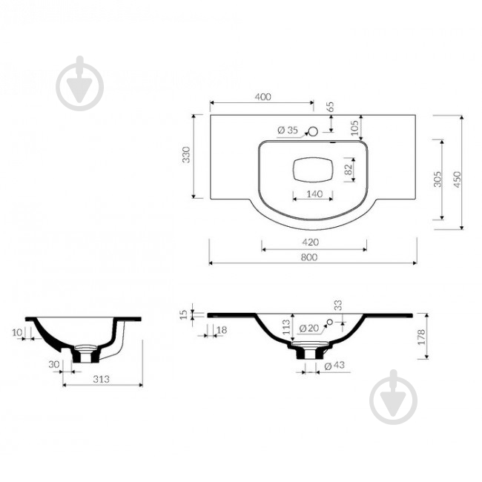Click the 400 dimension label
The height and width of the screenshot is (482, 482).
pos(263,97)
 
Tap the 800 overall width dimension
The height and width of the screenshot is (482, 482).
pos(309,257)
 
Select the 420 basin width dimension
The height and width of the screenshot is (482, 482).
pos(310,242)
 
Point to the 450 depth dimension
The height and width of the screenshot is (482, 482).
pos(458,179)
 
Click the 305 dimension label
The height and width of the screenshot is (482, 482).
pos(438,179)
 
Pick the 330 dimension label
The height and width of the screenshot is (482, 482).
pos(187,155)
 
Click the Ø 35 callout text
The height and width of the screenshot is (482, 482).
pos(288,131)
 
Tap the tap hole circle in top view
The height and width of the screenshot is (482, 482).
pos(313,131)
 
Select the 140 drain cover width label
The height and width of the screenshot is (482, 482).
pos(314,194)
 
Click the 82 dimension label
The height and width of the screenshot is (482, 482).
pos(349,169)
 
